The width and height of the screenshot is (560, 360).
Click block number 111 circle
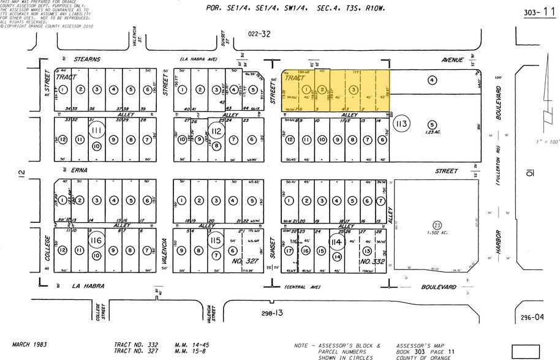(x=96, y=130)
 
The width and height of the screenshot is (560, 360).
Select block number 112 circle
(x=216, y=130)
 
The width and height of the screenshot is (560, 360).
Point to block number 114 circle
(x=336, y=242)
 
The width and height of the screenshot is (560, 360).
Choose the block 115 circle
(x=216, y=241)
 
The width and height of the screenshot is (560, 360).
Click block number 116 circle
(x=96, y=240)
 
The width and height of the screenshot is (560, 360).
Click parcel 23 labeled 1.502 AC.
(x=437, y=227)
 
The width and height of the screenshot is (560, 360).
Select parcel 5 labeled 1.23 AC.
(x=433, y=126)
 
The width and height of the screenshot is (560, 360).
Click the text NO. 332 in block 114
(x=367, y=260)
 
